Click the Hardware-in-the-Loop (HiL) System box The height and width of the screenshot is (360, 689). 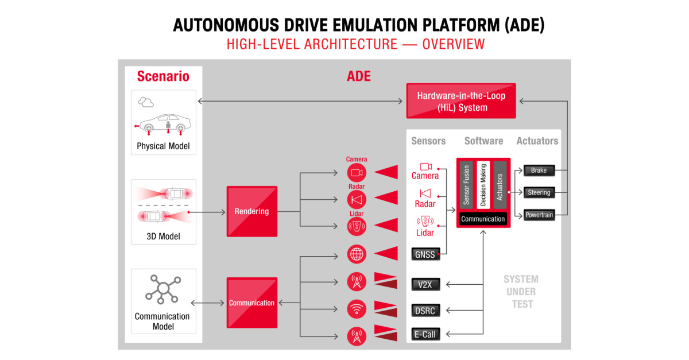point(460,101)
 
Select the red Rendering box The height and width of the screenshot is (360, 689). point(251,211)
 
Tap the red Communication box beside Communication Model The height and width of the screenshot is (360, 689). point(251,303)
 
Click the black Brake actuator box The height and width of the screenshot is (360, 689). point(539,171)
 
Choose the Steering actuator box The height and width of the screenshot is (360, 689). point(539,193)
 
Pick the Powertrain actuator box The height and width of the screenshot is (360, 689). point(539,215)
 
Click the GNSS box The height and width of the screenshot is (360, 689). point(425,254)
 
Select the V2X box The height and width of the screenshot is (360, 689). point(425,284)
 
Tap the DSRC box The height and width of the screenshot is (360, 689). point(425,311)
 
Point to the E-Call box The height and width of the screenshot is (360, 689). point(425,334)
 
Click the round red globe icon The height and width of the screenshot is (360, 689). point(357,254)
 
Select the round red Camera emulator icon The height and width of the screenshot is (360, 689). point(357,173)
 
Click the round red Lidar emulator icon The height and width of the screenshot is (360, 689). point(357,226)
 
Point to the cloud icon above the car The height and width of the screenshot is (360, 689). point(146,102)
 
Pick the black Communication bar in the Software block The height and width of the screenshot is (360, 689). point(483,219)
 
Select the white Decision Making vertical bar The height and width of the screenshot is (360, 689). point(483,185)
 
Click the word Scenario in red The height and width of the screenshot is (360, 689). point(163,76)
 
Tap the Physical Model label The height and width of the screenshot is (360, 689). point(163,146)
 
